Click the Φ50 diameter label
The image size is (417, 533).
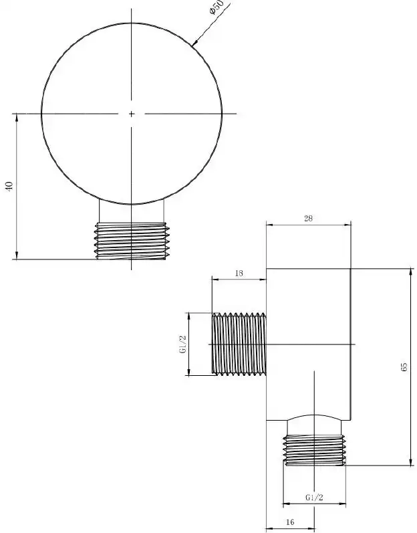tap(217, 7)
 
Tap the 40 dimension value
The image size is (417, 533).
tap(9, 186)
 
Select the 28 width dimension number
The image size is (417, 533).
tap(308, 218)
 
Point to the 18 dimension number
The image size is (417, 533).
tap(239, 273)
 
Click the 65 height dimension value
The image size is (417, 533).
tap(404, 366)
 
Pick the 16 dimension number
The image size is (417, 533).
tap(290, 522)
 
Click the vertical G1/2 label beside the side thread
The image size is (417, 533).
tap(182, 344)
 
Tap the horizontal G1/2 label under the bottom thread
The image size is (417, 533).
tap(314, 498)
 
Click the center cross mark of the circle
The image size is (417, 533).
tap(132, 114)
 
